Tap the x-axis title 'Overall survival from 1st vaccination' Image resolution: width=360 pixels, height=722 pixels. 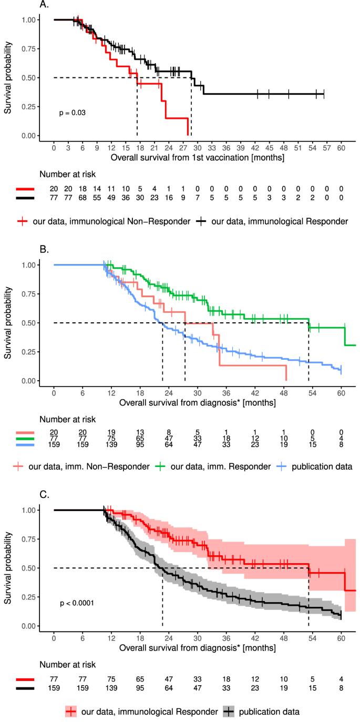tap(198, 157)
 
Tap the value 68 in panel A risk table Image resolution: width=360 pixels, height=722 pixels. tap(83, 198)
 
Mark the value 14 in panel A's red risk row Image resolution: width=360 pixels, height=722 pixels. tap(97, 189)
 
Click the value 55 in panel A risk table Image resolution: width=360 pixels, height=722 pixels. tap(97, 198)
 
